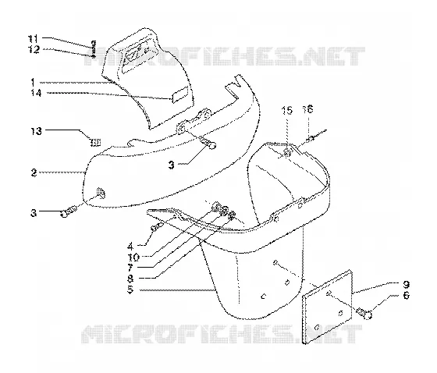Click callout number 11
point(33,38)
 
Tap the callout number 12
point(34,50)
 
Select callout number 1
point(33,82)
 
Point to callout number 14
point(36,93)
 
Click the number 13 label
point(36,131)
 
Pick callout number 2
point(34,172)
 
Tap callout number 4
point(130,247)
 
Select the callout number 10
point(133,257)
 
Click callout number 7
point(130,268)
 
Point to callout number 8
point(130,279)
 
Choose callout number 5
point(130,290)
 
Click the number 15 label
point(287,110)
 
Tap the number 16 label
point(307,109)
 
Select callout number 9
point(406,285)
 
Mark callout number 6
point(407,295)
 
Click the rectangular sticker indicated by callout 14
point(181,94)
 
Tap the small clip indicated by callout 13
point(95,143)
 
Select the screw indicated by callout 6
point(364,314)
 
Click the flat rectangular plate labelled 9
point(327,307)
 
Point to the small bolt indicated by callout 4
point(157,226)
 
